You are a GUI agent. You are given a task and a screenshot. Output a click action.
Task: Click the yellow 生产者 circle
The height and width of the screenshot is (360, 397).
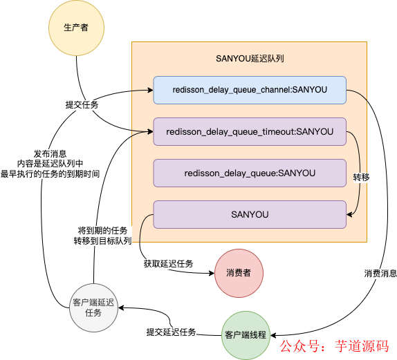(x=76, y=27)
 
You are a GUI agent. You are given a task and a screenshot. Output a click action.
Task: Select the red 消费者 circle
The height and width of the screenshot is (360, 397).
(x=238, y=273)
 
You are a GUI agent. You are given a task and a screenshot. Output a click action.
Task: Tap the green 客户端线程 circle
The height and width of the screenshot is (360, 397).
(x=245, y=334)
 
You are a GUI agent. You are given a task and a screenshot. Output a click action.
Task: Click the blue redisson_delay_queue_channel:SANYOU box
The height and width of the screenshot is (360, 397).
(x=249, y=90)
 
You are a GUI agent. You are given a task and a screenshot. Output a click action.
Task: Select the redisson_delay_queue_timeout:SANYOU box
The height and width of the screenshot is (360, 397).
(x=249, y=131)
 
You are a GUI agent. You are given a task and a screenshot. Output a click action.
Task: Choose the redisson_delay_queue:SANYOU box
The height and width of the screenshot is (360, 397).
(x=249, y=173)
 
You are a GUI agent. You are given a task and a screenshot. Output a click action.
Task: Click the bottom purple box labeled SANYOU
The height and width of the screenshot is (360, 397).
(x=249, y=214)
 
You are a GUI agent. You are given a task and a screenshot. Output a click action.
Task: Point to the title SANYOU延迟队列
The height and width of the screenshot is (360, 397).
(x=250, y=59)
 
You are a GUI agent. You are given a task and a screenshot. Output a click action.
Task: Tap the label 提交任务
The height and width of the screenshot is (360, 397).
(x=82, y=105)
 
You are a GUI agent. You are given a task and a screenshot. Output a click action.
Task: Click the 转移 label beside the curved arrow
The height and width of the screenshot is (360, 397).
(x=361, y=177)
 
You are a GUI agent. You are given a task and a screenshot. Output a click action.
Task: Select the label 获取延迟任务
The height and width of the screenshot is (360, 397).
(x=168, y=264)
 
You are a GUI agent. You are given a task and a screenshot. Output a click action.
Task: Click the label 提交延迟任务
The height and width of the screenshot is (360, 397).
(x=171, y=332)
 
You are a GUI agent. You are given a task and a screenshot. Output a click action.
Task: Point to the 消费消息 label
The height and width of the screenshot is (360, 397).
(x=380, y=274)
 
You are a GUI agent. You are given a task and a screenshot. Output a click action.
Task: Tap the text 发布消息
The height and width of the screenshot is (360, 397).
(x=50, y=153)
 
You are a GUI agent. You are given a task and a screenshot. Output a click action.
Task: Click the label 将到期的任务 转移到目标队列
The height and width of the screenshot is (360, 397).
(x=103, y=235)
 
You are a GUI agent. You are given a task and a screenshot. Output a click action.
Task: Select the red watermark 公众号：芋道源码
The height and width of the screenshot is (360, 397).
(x=334, y=345)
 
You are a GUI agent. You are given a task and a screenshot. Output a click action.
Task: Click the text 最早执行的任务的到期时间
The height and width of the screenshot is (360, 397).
(x=50, y=174)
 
